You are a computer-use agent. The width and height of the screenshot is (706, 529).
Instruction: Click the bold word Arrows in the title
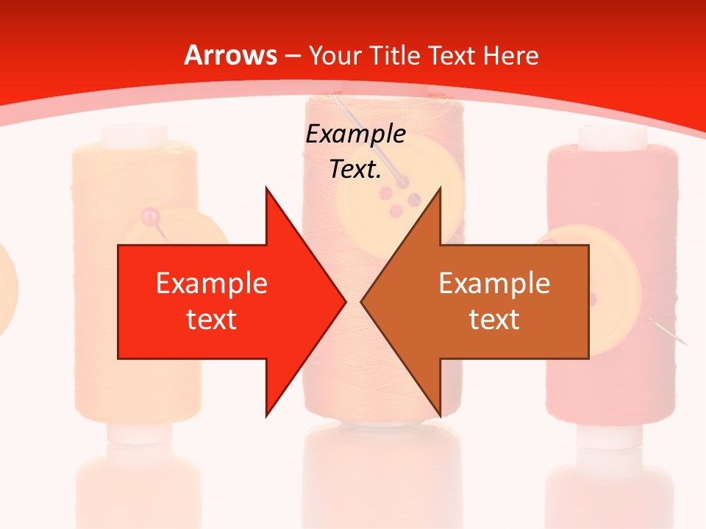click(x=231, y=55)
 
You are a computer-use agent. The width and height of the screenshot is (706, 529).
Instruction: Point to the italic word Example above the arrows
click(x=355, y=134)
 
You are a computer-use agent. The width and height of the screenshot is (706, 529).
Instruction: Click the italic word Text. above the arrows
click(x=355, y=170)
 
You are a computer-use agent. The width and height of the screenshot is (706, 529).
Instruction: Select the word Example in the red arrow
click(x=212, y=283)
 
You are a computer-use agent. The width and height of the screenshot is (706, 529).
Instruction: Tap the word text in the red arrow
click(x=212, y=319)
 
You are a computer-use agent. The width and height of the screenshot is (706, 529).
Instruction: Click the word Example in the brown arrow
click(x=494, y=283)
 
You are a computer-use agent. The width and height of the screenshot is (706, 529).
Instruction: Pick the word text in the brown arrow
click(x=494, y=319)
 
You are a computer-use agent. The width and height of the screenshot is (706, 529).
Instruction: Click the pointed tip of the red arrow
click(x=345, y=301)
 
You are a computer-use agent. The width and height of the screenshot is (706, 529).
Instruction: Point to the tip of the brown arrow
click(x=362, y=301)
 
